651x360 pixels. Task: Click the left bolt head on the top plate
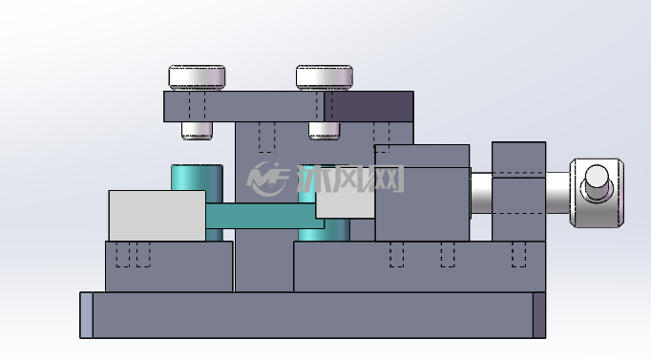197,77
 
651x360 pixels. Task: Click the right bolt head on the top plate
325,77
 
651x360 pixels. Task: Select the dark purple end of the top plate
368,106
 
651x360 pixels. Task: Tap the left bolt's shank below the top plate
197,131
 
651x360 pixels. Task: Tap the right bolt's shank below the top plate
324,131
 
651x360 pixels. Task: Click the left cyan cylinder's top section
197,178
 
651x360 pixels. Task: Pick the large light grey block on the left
157,216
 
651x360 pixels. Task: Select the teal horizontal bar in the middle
264,216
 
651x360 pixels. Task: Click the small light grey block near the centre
345,203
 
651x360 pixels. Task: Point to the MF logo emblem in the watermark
268,179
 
